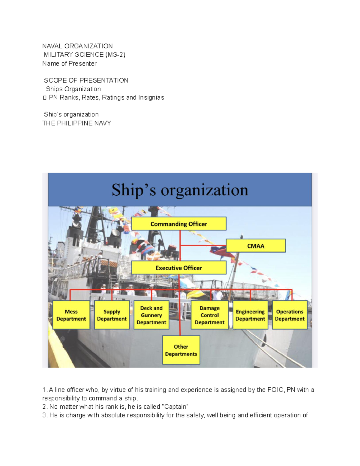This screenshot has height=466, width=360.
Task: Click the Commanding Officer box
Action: tap(179, 224)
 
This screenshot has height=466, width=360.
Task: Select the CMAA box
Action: tap(256, 246)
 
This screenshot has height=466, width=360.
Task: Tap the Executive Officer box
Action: tap(179, 268)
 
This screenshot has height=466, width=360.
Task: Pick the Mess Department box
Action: tap(71, 315)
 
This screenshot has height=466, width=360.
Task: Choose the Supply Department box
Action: tap(112, 315)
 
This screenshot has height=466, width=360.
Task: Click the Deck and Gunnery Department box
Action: tap(151, 315)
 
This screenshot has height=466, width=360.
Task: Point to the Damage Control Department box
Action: tap(210, 315)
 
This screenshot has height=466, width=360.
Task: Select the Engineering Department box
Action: tap(250, 315)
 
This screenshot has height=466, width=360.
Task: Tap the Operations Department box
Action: tap(290, 315)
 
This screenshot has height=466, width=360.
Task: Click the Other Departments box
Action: tap(181, 350)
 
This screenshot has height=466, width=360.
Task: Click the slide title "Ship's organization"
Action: tap(180, 190)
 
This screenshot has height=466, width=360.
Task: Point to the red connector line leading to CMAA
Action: tap(203, 245)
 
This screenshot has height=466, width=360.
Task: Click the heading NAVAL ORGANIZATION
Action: tap(77, 46)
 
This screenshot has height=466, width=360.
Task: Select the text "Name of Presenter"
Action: tap(69, 64)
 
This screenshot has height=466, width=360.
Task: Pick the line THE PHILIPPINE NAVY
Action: tap(77, 123)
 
